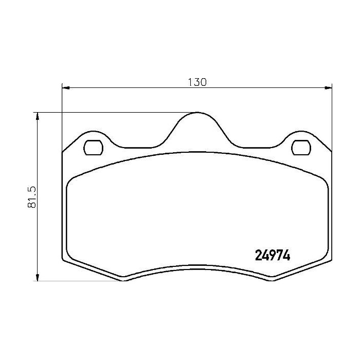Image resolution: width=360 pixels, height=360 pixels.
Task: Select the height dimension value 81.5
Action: [x=31, y=197]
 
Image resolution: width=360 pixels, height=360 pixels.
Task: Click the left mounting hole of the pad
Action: [x=93, y=148]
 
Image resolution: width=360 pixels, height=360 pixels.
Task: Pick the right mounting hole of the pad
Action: [x=300, y=148]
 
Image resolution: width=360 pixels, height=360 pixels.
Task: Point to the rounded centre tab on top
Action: [x=196, y=121]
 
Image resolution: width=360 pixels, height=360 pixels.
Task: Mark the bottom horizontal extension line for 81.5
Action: [x=77, y=281]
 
